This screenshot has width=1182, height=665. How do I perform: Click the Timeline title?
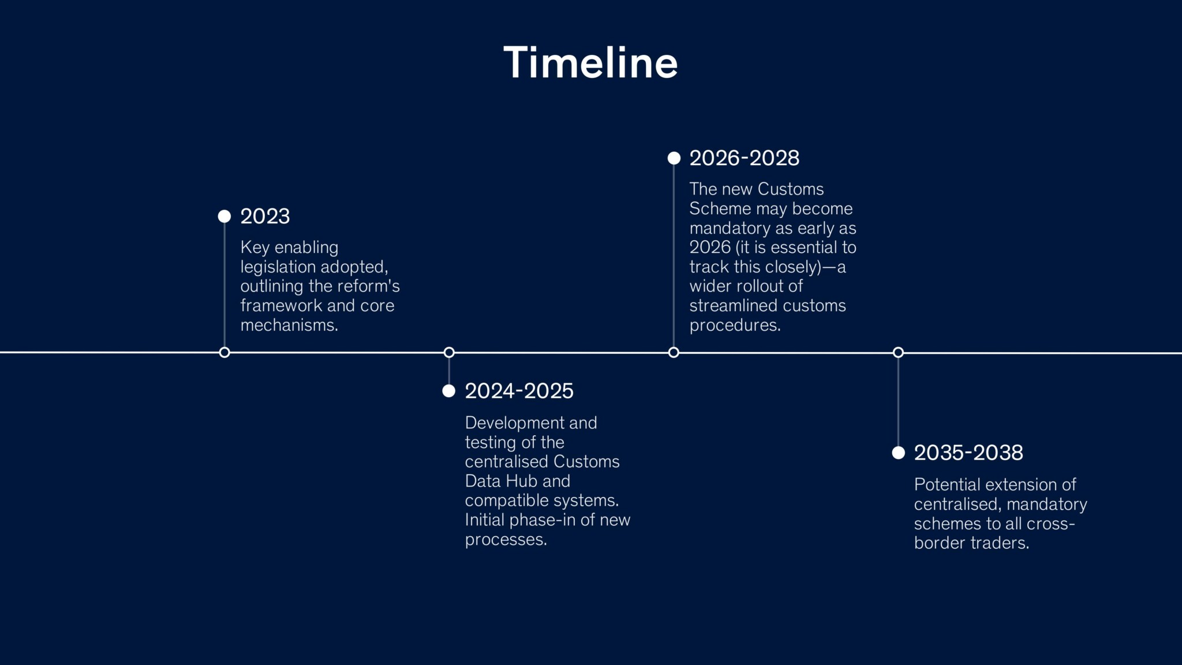tap(590, 62)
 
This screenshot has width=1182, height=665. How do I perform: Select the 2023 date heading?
tap(265, 216)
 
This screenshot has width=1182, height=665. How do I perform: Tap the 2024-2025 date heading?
tap(519, 391)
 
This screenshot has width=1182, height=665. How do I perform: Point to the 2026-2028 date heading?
tap(744, 158)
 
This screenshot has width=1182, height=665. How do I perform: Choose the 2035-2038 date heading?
tap(968, 453)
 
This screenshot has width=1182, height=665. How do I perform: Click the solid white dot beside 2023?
tap(225, 216)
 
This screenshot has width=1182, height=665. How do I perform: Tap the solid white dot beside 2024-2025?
tap(449, 391)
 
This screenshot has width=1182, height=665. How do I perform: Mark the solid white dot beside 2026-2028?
tap(674, 158)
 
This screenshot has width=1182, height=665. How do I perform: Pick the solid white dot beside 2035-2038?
tap(898, 453)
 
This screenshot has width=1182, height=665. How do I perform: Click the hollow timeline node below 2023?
tap(225, 353)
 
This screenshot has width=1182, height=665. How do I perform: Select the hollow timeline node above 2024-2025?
tap(449, 353)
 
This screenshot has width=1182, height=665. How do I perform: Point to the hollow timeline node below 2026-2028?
tap(674, 353)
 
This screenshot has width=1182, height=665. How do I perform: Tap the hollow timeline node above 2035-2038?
tap(898, 353)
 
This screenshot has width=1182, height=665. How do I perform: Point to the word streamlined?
tap(731, 305)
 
